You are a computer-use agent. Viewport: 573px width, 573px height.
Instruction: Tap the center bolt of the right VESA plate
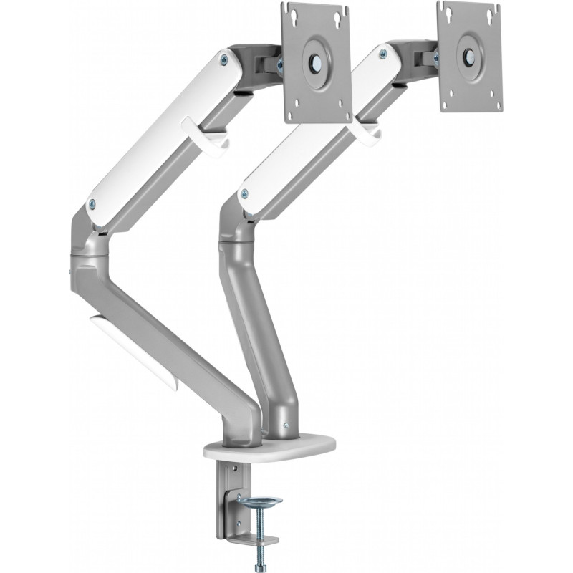(470, 54)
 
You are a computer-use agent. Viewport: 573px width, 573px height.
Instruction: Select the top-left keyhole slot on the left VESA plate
(290, 12)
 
